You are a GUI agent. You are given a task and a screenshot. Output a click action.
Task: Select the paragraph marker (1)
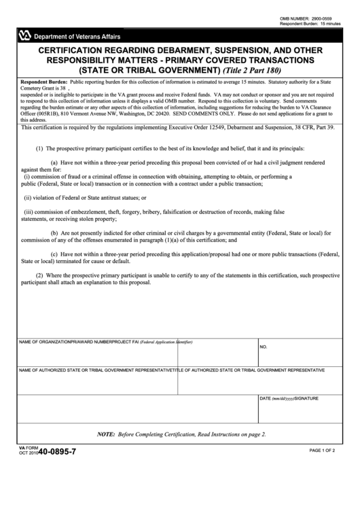(39, 147)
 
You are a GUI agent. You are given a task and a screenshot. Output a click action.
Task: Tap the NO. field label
(264, 346)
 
